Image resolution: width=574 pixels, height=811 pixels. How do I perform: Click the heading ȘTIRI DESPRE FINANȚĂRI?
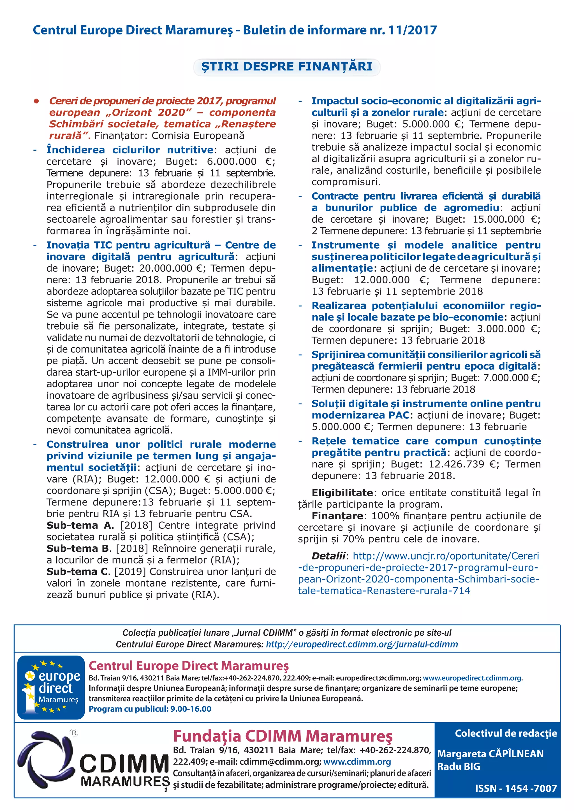tap(287, 66)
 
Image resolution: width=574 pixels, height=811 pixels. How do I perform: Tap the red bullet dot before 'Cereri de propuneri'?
tap(36, 101)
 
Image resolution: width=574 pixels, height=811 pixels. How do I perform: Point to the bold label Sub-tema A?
tap(79, 525)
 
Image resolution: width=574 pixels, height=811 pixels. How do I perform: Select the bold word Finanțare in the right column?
tap(337, 516)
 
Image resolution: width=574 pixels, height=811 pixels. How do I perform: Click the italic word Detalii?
tap(328, 556)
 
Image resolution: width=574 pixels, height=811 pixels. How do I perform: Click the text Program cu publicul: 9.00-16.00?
tap(150, 709)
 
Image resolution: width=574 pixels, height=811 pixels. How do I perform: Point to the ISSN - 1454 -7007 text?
tap(515, 788)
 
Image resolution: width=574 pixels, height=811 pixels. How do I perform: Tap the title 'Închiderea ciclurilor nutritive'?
tap(130, 150)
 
